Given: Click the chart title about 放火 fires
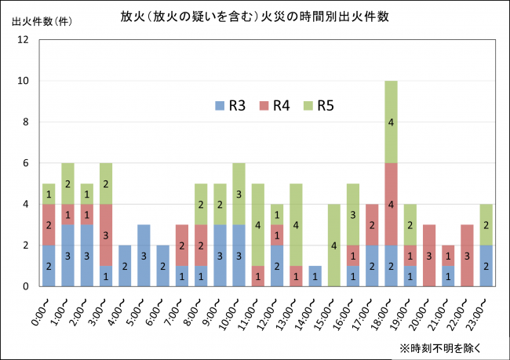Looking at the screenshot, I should (x=255, y=15).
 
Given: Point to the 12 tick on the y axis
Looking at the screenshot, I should (x=24, y=40).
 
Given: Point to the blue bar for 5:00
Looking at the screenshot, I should (x=144, y=256).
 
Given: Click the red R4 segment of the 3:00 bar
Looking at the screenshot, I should (x=106, y=235).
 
